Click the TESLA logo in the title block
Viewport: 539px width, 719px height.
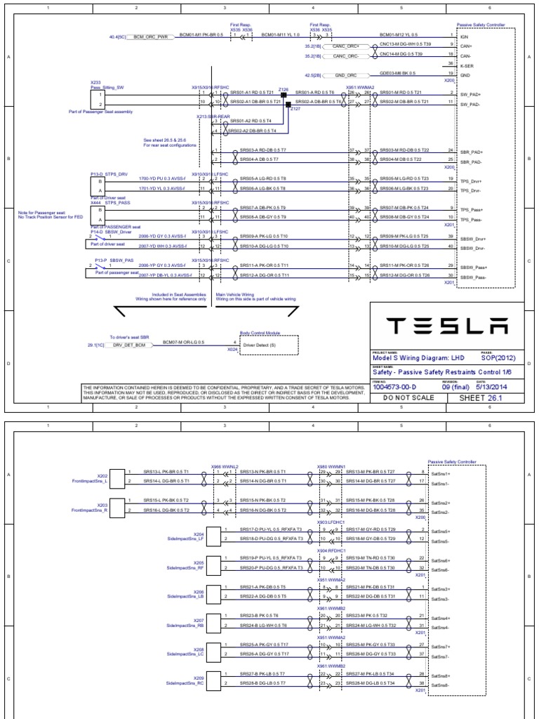click(x=446, y=326)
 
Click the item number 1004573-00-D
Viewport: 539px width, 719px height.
click(x=397, y=385)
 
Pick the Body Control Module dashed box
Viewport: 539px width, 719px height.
click(x=269, y=345)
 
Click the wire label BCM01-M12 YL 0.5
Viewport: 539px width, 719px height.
click(x=398, y=34)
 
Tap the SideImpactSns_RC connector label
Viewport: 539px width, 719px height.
click(x=185, y=682)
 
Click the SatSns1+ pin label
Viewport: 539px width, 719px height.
click(x=440, y=474)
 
